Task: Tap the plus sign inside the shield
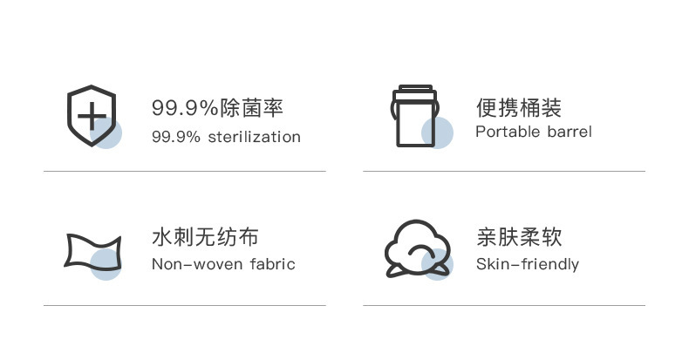[x=92, y=116]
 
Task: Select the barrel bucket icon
[x=415, y=116]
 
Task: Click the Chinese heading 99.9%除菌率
[x=217, y=108]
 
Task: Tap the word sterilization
[x=255, y=137]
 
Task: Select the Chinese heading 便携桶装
[x=519, y=108]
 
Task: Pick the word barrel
[x=570, y=132]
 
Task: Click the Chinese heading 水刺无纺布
[x=205, y=237]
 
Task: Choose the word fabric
[x=272, y=264]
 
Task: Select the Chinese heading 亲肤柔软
[x=519, y=237]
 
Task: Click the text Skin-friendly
[x=528, y=264]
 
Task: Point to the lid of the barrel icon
[x=415, y=92]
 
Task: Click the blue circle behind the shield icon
[x=106, y=133]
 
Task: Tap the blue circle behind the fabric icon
[x=106, y=264]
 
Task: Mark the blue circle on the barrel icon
[x=437, y=132]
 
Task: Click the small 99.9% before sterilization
[x=176, y=137]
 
